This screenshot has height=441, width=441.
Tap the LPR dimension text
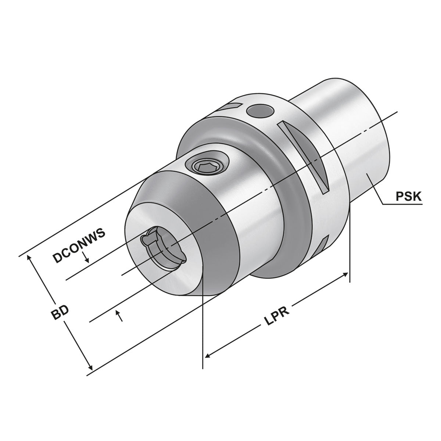click(x=277, y=317)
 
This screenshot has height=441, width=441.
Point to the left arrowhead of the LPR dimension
click(x=208, y=355)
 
